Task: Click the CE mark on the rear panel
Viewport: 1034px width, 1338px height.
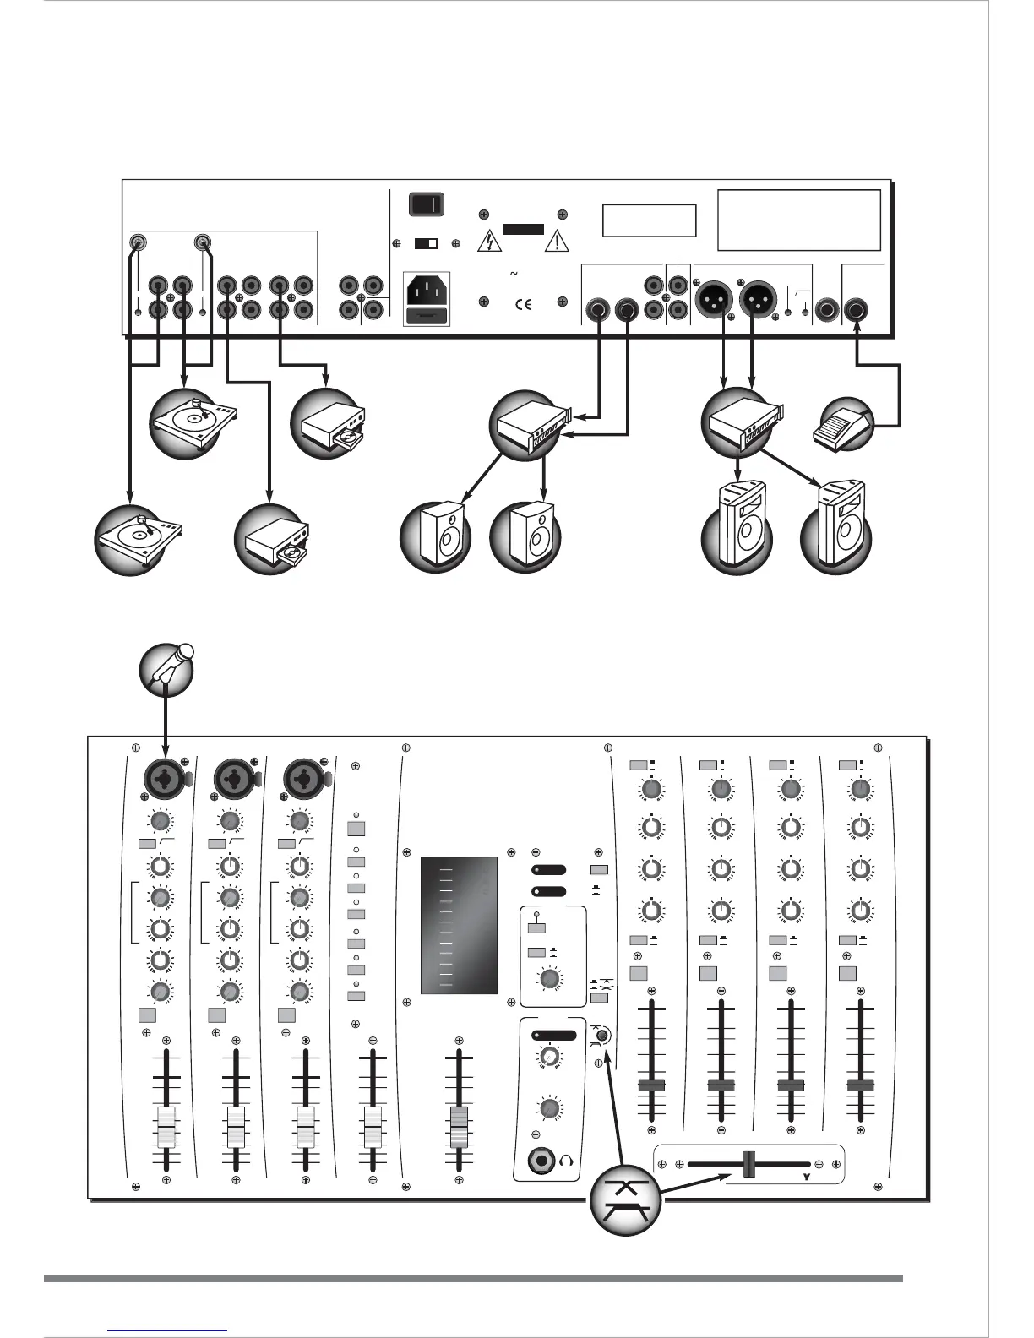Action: coord(524,304)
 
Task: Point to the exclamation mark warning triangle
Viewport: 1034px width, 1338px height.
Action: coord(558,242)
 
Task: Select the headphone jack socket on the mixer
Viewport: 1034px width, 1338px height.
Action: coord(541,1163)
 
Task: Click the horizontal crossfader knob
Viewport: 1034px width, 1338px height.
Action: coord(748,1163)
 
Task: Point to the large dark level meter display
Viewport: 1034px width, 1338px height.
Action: coord(460,925)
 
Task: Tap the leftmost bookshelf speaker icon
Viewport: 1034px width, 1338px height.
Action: coord(434,537)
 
